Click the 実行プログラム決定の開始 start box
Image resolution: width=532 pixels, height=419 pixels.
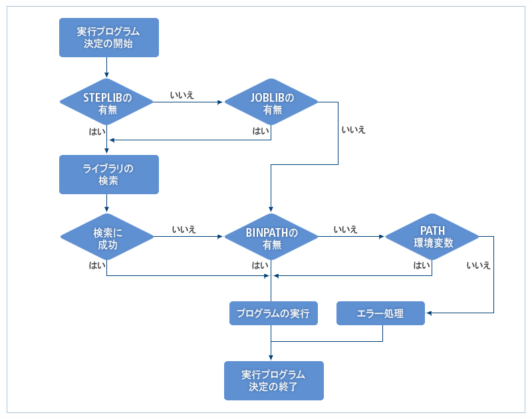pos(108,37)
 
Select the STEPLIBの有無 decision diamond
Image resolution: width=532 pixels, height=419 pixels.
pos(107,103)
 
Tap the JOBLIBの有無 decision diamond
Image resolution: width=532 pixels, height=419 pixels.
pos(271,103)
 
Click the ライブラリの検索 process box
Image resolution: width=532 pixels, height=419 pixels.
pos(108,174)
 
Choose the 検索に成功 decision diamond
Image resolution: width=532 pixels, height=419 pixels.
pos(107,237)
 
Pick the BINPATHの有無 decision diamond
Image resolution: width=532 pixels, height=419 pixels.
pos(271,237)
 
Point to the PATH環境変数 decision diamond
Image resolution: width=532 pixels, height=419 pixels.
pos(433,237)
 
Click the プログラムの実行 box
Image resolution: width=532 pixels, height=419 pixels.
pos(273,313)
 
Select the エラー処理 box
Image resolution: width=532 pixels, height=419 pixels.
pos(380,313)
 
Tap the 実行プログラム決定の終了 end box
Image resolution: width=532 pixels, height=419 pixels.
pos(273,380)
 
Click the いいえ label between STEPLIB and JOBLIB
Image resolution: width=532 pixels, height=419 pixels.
pos(182,96)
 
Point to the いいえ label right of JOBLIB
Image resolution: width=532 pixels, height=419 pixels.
pos(353,130)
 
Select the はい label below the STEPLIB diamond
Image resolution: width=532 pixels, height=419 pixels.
pos(96,131)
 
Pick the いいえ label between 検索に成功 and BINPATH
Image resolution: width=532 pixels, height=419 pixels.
pos(184,229)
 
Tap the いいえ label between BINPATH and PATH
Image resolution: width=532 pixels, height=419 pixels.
pos(346,229)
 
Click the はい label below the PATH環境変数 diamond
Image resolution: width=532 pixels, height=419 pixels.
pos(422,265)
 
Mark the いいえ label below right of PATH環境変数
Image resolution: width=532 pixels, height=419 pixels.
pos(478,265)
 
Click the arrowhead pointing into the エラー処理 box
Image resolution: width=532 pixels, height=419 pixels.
pos(429,313)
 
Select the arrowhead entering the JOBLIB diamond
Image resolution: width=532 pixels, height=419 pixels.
pos(221,102)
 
